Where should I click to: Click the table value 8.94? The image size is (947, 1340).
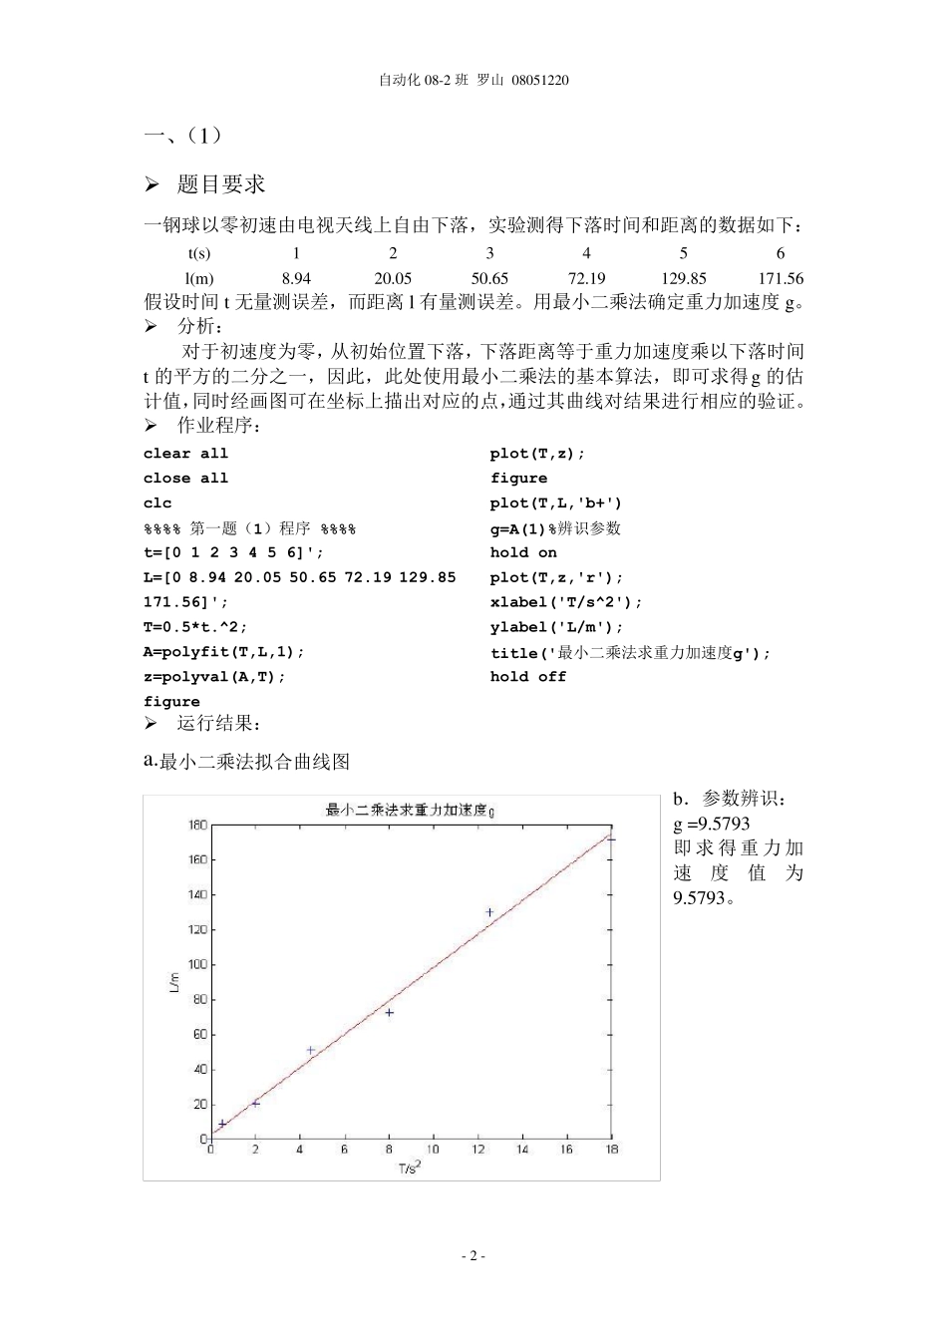click(296, 279)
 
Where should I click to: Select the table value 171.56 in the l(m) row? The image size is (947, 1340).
click(780, 279)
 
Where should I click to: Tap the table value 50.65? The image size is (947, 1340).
click(489, 279)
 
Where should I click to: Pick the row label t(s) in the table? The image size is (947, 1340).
click(199, 254)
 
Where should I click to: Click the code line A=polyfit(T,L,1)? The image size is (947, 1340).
click(224, 652)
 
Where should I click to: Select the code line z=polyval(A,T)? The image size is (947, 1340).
click(214, 677)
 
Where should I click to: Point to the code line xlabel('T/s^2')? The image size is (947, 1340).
click(566, 602)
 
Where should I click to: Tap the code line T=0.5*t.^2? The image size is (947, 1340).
click(195, 627)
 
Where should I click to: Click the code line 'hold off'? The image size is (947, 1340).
click(528, 677)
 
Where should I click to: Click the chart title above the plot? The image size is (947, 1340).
click(410, 810)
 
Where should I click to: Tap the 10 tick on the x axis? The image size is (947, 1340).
click(433, 1150)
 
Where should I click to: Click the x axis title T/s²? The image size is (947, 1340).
click(409, 1168)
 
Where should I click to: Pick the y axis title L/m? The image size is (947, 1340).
click(173, 982)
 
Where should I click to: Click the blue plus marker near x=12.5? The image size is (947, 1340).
click(489, 912)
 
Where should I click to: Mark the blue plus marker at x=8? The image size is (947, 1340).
click(389, 1012)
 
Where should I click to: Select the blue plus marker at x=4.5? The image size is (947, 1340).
click(311, 1050)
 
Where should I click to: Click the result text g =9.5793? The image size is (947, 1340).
click(712, 825)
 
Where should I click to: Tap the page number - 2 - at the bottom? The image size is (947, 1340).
click(473, 1256)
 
